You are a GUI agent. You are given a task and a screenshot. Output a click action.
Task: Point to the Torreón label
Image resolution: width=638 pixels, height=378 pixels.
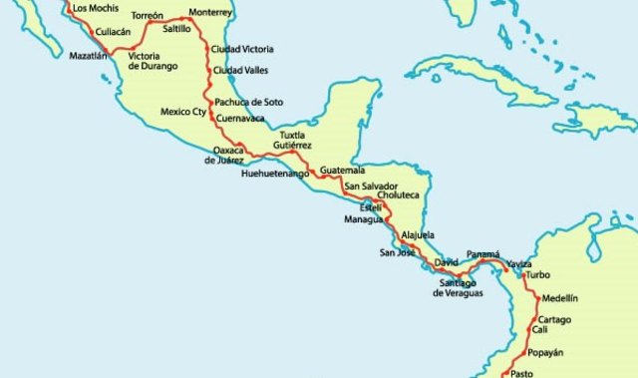point(147,16)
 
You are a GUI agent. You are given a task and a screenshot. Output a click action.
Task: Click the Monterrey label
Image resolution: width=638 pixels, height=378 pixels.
point(209,13)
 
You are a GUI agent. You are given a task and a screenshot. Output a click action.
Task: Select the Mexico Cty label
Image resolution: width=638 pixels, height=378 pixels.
point(182,112)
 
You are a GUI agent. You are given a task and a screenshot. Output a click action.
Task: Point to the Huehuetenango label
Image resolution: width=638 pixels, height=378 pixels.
point(274,174)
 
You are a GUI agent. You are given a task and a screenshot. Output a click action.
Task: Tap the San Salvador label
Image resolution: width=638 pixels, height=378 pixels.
point(371,187)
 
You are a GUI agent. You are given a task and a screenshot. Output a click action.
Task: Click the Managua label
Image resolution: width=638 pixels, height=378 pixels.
point(364,218)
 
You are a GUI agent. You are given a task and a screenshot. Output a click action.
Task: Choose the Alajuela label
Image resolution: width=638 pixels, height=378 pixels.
point(418,235)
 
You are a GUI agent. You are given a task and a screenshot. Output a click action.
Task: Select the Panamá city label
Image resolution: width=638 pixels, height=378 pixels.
point(482,254)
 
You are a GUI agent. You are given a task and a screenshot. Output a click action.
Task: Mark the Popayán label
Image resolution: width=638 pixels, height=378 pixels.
point(545,352)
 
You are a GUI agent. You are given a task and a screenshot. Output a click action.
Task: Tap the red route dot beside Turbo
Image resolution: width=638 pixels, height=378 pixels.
point(522,275)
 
